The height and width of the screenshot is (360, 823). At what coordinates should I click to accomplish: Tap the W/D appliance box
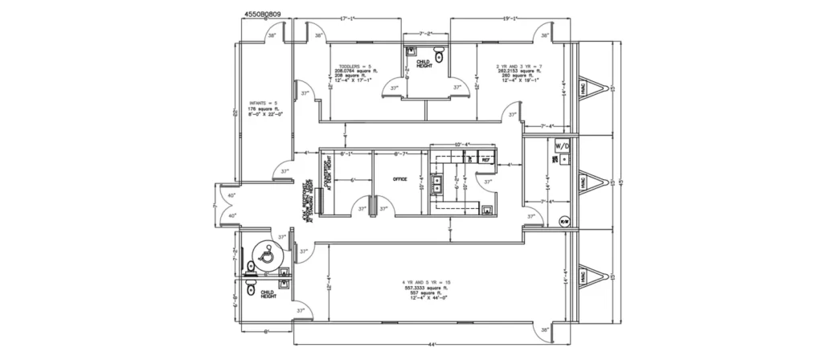[563, 146]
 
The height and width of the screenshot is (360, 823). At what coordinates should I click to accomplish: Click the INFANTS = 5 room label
[263, 104]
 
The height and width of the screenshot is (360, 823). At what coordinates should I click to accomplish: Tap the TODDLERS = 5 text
[354, 65]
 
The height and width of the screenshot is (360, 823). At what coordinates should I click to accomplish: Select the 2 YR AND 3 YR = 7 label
[519, 65]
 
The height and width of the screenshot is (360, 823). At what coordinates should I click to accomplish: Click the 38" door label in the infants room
[272, 36]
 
